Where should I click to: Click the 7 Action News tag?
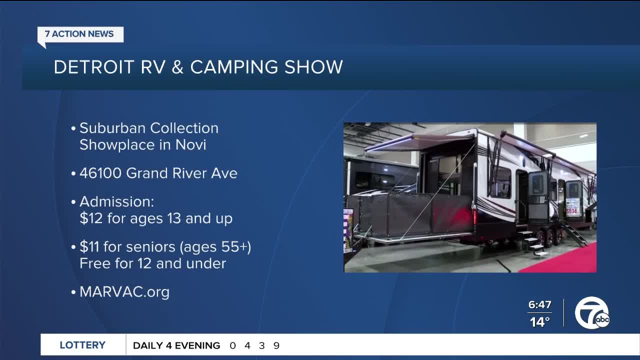tap(79, 34)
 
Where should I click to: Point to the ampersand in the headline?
tap(177, 67)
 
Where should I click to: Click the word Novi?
tap(190, 145)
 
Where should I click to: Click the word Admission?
tap(116, 202)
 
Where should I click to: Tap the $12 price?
tap(90, 219)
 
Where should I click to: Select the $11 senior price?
tap(90, 247)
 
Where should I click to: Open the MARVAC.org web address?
tap(124, 292)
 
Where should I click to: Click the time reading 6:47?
tap(539, 305)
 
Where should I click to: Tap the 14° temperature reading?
tap(539, 322)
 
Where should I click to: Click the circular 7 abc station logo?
tap(591, 313)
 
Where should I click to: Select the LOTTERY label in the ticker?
tap(82, 345)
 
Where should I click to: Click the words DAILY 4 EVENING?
tap(176, 345)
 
